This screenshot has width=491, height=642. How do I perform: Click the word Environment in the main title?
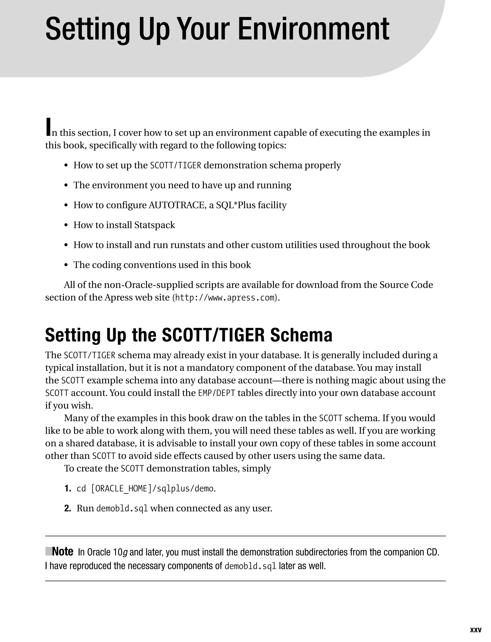click(313, 29)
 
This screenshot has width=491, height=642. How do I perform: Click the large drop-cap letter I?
click(48, 127)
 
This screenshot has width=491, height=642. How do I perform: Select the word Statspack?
click(154, 225)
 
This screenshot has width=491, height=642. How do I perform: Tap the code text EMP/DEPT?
click(216, 393)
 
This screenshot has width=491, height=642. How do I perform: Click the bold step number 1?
click(68, 489)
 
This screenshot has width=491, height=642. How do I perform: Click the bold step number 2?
click(68, 508)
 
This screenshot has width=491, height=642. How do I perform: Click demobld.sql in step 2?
click(122, 509)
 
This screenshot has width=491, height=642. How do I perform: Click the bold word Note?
click(63, 552)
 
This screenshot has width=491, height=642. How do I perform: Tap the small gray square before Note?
click(48, 551)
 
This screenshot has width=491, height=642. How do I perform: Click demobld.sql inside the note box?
click(250, 566)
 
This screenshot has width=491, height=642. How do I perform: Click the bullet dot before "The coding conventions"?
click(66, 265)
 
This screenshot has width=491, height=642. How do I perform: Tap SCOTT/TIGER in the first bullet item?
click(175, 166)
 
